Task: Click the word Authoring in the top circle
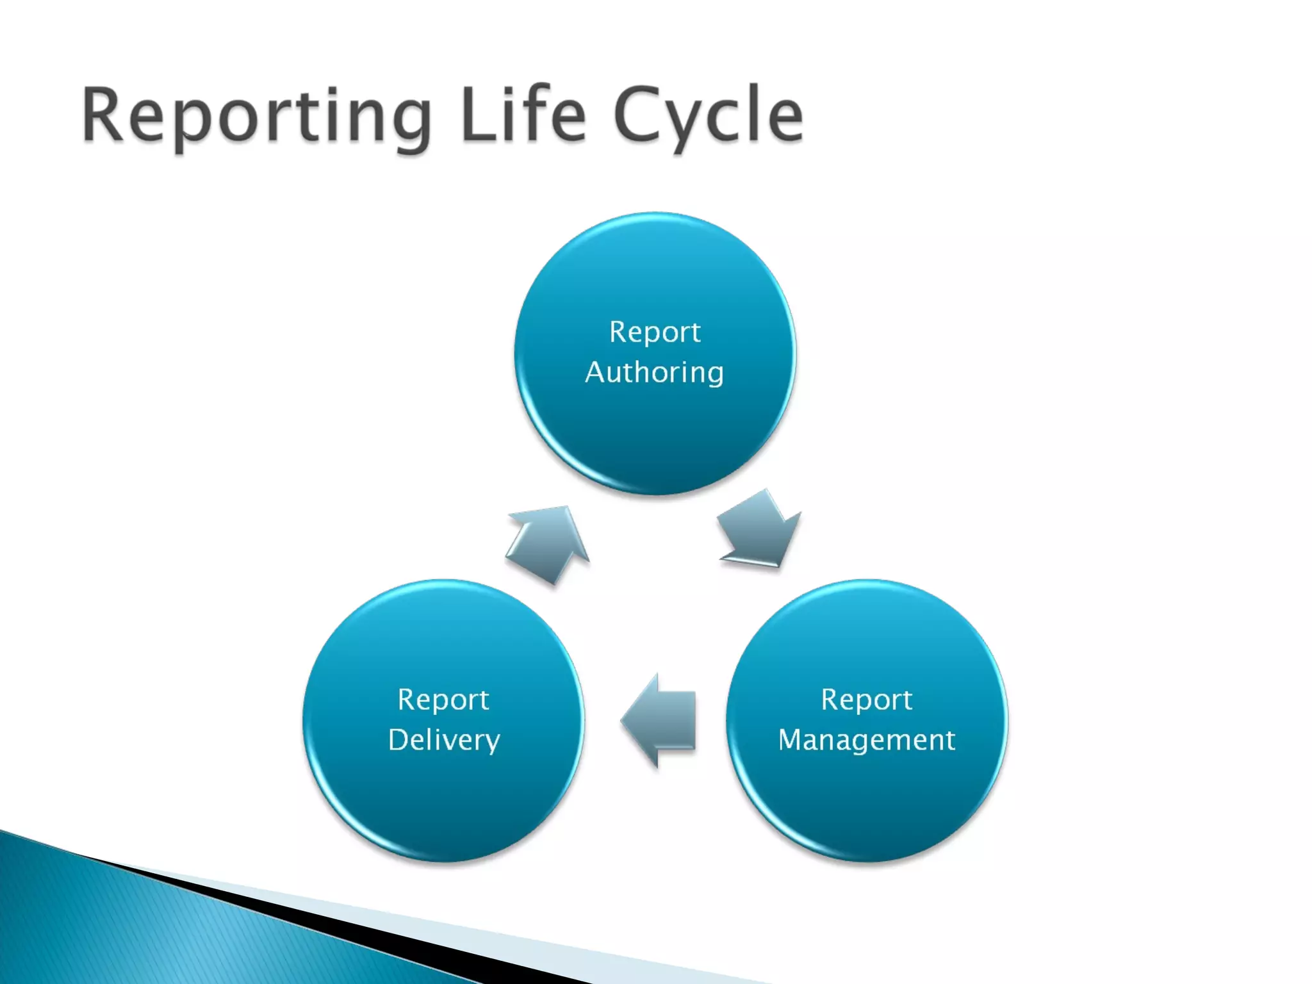[654, 373]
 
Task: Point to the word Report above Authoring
[655, 332]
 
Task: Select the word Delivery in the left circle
[444, 741]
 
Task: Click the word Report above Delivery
[443, 700]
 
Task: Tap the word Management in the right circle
[866, 741]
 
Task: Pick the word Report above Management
[867, 700]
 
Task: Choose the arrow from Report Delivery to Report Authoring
[548, 542]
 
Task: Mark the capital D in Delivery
[400, 740]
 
